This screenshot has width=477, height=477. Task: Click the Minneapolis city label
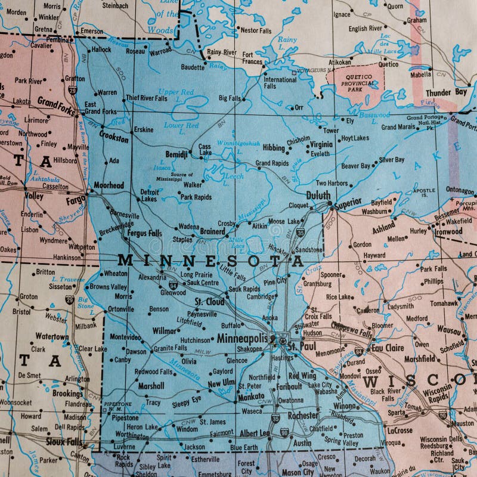pos(242,338)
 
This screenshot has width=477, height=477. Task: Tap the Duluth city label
pos(318,195)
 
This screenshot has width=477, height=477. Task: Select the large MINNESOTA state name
pos(210,261)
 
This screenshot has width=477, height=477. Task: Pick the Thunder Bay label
pos(446,92)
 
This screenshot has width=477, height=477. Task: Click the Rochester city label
pos(303,415)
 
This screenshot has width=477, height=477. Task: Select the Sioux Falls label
pos(65,442)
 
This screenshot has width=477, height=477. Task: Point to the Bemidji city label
pos(176,154)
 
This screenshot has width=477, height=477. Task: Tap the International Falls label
pos(280,83)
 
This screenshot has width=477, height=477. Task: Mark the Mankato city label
pos(250,396)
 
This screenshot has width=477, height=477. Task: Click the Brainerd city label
pos(212,231)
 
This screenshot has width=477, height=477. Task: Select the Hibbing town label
pos(274,147)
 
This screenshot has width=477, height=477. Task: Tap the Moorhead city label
pos(109,185)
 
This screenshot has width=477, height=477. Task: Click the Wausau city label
pos(449,329)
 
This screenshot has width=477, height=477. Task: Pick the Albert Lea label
pos(255,433)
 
